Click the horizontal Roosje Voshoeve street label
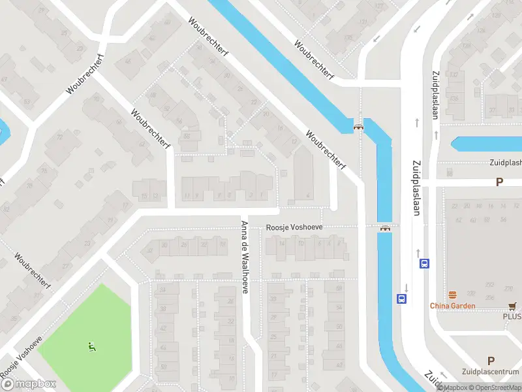click(294, 228)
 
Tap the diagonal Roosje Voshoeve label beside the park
click(21, 357)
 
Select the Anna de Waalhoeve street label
click(244, 257)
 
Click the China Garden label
click(452, 305)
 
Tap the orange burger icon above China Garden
click(452, 295)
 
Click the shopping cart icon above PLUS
click(513, 305)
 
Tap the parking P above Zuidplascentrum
click(491, 361)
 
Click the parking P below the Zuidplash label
click(499, 182)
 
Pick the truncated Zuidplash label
click(506, 163)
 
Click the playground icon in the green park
click(91, 346)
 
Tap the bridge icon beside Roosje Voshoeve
click(385, 228)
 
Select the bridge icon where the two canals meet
click(358, 127)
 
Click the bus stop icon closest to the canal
click(401, 299)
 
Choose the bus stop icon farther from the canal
click(424, 264)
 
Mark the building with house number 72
click(60, 138)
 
